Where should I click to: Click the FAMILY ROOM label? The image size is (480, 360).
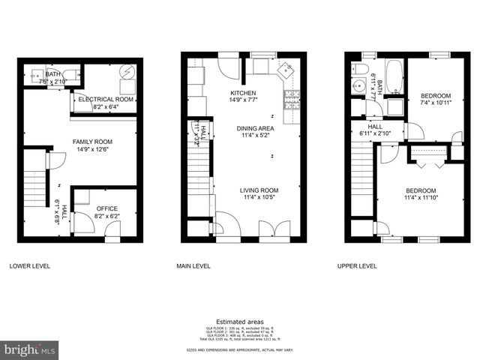[x=92, y=141]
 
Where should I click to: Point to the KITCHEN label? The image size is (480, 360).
[x=243, y=92]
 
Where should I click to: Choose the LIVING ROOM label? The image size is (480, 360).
[x=259, y=190]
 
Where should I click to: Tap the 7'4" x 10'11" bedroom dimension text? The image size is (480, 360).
[x=435, y=103]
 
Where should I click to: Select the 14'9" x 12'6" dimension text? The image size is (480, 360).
[x=92, y=149]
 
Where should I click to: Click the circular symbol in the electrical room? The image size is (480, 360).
[x=127, y=73]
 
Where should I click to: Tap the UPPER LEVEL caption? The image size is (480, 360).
[x=358, y=266]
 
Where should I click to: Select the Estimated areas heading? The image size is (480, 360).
[x=239, y=322]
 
